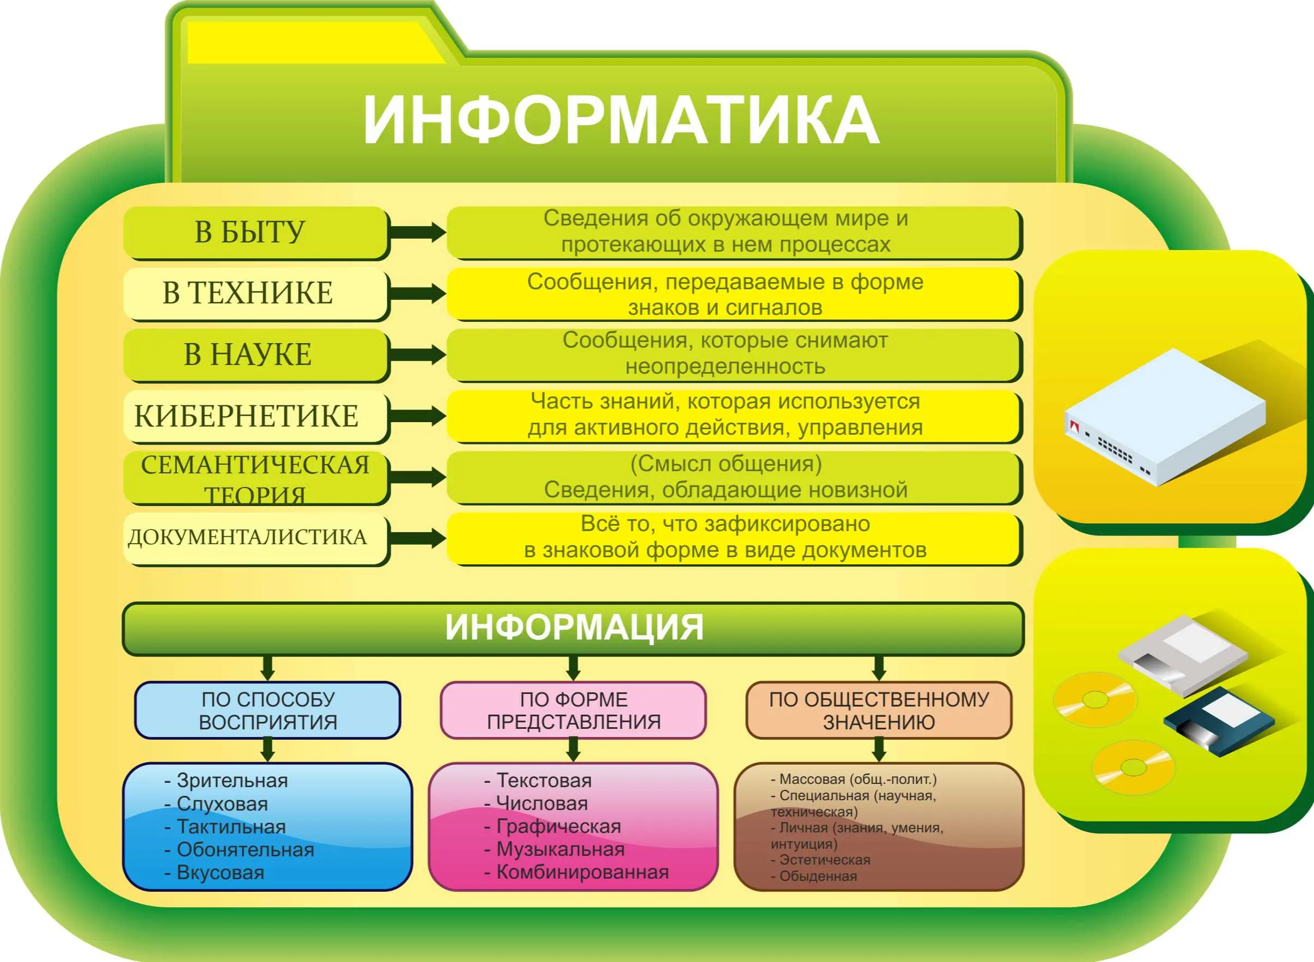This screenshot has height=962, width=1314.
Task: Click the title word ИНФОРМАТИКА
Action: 621,120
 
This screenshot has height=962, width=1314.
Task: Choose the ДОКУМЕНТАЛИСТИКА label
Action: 247,537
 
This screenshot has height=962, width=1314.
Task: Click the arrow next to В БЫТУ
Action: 417,233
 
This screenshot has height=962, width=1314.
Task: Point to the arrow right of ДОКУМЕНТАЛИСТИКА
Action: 417,538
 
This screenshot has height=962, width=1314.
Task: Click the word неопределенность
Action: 725,367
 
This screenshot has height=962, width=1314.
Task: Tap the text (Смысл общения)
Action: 726,464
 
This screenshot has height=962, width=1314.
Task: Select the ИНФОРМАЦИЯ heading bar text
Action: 574,627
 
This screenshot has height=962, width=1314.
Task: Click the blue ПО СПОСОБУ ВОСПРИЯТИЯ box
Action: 267,710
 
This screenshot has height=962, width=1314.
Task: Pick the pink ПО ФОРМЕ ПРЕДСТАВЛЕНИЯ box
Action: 573,710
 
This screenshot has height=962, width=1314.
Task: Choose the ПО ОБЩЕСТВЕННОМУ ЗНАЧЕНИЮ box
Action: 879,710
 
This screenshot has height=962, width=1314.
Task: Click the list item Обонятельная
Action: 239,850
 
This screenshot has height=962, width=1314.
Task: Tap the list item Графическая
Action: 553,826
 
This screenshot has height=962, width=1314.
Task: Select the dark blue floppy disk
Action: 1219,721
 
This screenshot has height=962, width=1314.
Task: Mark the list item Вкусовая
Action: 214,873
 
